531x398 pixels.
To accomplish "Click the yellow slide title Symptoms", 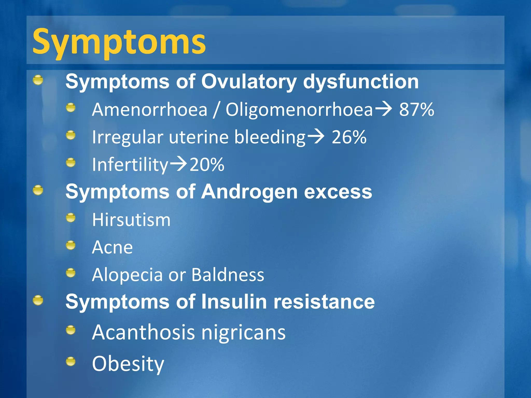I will pos(119,41).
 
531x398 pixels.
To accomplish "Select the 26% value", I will pos(349,137).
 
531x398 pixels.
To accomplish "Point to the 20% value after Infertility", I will pos(207,165).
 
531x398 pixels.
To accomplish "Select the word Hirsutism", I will pos(131,220).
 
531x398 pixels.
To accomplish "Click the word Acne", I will pos(112,247).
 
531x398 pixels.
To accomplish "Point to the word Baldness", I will pos(228,275).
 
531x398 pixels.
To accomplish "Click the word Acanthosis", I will pos(143,332).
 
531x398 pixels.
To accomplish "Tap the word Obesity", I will pos(128,364).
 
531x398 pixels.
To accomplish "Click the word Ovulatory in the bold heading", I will pos(249,82).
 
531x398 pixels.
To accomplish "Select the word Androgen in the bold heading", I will pos(249,192).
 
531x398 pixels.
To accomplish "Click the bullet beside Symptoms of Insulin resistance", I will pos(38,300).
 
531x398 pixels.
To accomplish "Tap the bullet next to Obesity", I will pos(71,361).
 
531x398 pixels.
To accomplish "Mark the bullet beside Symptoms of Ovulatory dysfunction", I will pos(38,80).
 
